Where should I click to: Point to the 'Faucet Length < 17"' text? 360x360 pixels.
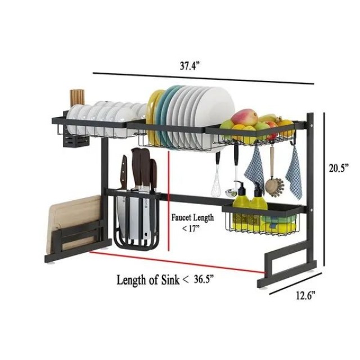pos(192,222)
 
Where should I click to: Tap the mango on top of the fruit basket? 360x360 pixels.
pos(245,118)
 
